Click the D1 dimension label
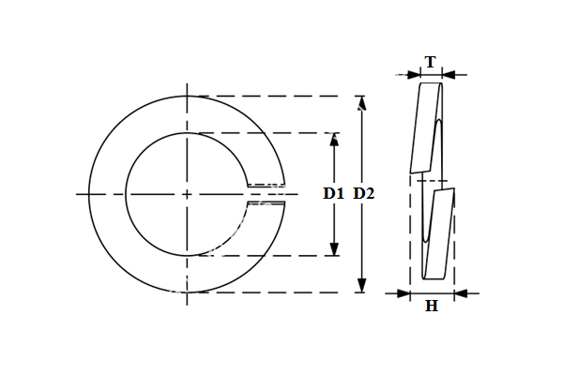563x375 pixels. tap(333, 193)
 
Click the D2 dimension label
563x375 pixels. tap(364, 193)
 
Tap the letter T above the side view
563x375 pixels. tap(430, 62)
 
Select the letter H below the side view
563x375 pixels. tap(432, 307)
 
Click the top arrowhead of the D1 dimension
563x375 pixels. tap(333, 139)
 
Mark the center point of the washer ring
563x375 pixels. tap(188, 194)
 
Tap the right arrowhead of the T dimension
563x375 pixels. tap(448, 74)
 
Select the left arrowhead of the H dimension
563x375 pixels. tap(404, 293)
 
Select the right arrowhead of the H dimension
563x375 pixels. tap(461, 293)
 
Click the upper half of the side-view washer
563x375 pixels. tap(428, 127)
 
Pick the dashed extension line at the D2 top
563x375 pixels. tap(281, 96)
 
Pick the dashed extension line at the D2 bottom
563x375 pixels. tap(281, 292)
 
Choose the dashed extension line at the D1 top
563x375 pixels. tap(272, 133)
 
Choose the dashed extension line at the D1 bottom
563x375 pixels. tap(272, 255)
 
